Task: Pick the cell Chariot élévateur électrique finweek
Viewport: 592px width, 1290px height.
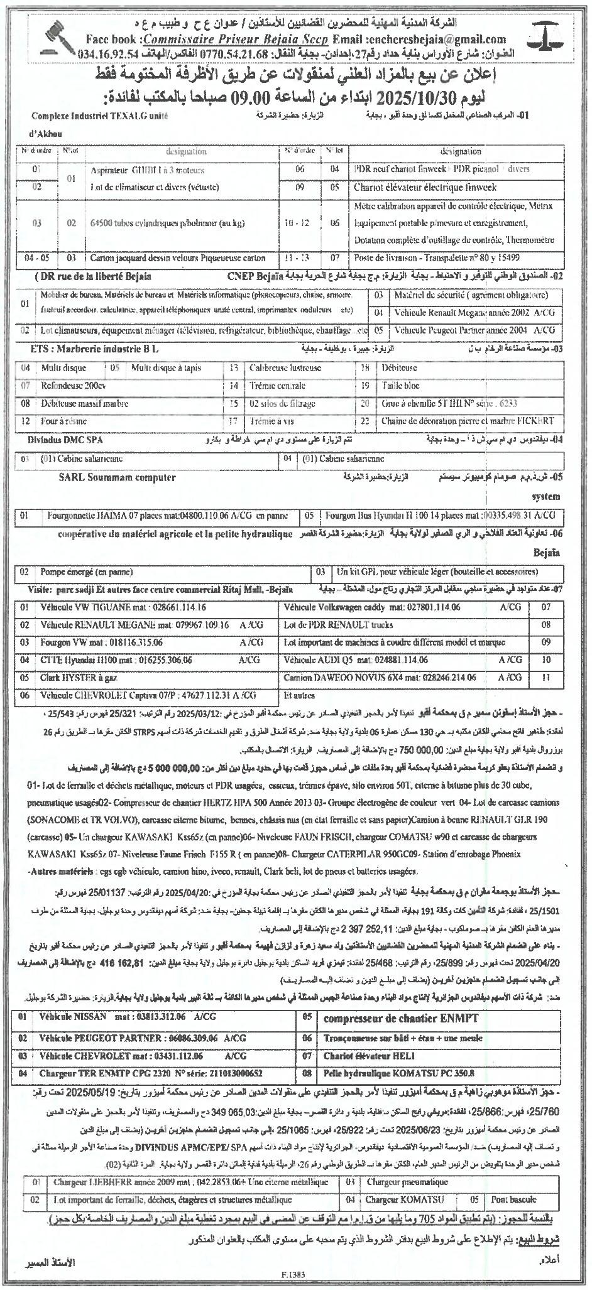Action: click(x=425, y=187)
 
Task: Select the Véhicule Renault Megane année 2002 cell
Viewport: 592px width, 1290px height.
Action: click(x=465, y=312)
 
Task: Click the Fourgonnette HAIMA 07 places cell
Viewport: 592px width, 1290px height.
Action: click(x=168, y=516)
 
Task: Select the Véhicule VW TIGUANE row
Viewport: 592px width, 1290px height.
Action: click(x=123, y=608)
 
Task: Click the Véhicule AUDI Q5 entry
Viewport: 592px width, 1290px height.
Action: click(x=356, y=660)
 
